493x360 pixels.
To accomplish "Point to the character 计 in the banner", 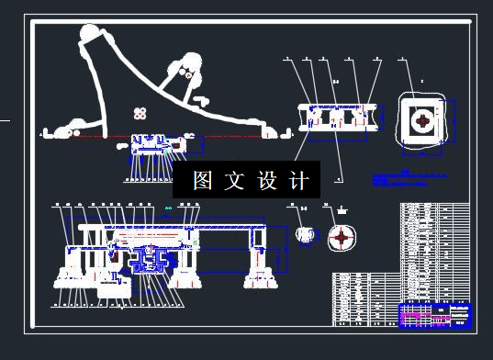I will [298, 181].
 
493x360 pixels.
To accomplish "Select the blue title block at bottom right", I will [435, 314].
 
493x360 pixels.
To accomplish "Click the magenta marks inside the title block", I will [415, 317].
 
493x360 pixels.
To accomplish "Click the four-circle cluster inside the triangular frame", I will [140, 113].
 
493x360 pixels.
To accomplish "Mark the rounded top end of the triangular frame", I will [94, 36].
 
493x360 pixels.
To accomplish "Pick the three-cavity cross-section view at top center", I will [335, 118].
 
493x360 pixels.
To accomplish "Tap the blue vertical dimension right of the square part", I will [455, 122].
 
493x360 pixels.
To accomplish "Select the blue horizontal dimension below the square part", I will [423, 152].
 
